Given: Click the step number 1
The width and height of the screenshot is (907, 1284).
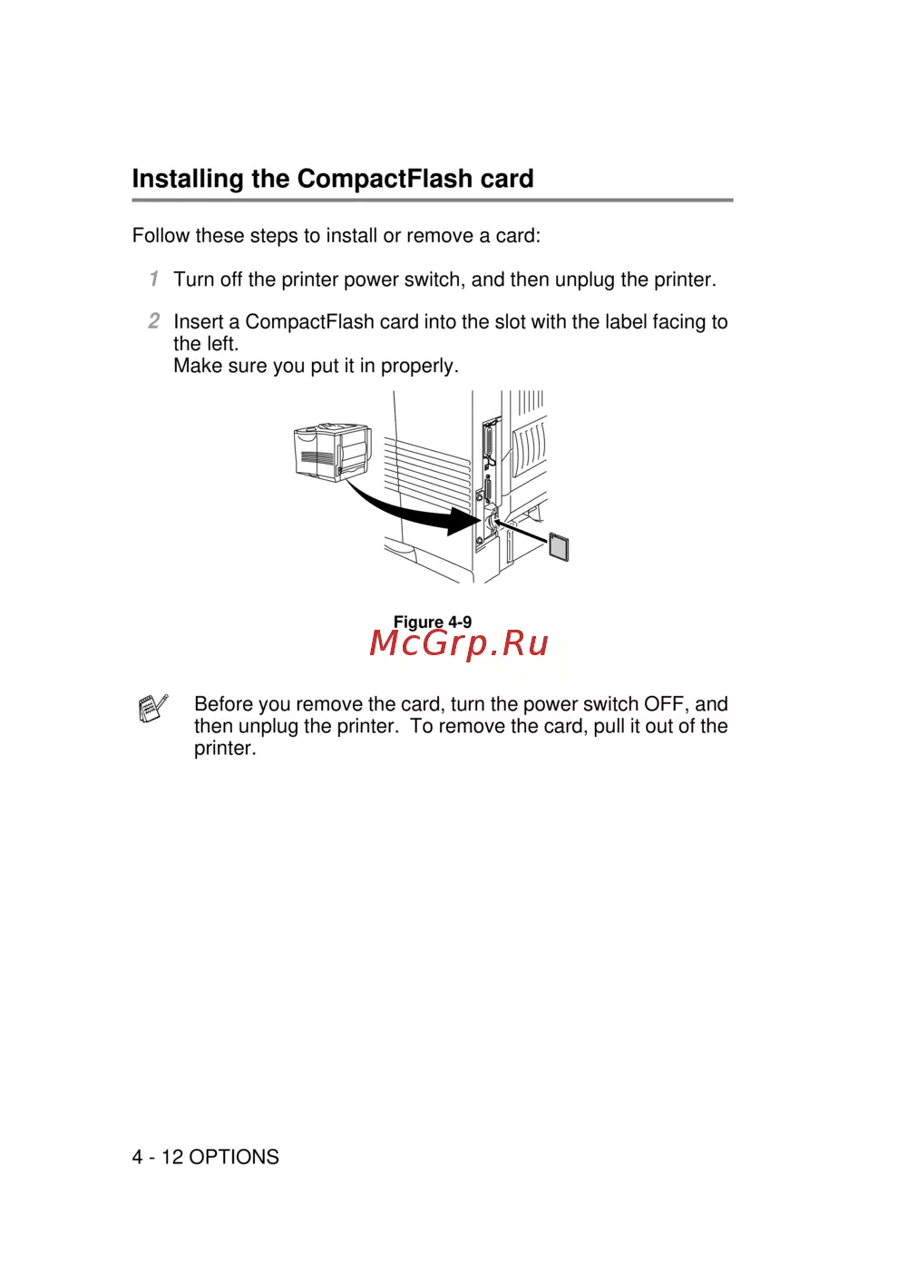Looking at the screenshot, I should click(x=154, y=279).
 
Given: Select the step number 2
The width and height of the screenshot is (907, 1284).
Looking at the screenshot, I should click(x=154, y=320).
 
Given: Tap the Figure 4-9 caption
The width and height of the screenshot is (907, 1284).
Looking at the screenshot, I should click(x=433, y=622).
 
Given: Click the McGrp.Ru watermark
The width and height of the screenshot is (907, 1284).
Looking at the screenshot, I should click(x=459, y=643).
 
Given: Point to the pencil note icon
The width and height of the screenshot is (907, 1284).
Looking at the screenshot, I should click(x=152, y=708).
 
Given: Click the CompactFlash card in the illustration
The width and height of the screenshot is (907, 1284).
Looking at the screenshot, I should click(x=559, y=547).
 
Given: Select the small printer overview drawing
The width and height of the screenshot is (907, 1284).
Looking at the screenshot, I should click(x=332, y=451).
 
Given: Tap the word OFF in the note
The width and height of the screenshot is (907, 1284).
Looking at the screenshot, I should click(x=664, y=704).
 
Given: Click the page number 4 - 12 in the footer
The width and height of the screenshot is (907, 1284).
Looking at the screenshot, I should click(x=157, y=1157).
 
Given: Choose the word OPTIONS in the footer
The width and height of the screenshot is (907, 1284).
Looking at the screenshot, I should click(x=234, y=1157).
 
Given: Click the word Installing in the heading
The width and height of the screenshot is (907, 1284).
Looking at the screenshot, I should click(x=188, y=179).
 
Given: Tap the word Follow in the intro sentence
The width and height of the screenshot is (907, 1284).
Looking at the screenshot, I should click(x=161, y=236).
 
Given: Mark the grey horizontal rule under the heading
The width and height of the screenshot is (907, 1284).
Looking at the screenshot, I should click(x=432, y=201).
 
